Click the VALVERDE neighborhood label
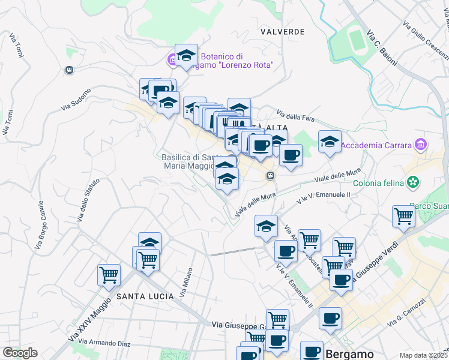[x=283, y=31]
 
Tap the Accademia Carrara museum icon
[x=420, y=145]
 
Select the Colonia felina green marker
[x=412, y=182]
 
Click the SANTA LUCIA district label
[x=145, y=296]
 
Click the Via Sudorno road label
[x=76, y=99]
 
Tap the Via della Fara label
[x=295, y=114]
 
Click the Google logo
[x=20, y=353]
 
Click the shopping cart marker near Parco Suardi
[x=403, y=217]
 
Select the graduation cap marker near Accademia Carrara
[x=329, y=142]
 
